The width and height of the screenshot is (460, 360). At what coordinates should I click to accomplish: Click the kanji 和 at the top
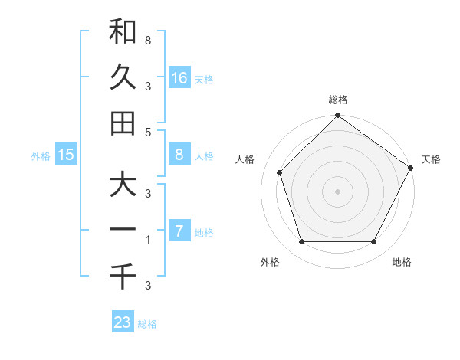coord(123,32)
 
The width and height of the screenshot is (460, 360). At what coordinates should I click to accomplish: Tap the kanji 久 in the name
coord(123,77)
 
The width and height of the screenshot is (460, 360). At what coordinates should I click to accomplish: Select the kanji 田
coord(123,123)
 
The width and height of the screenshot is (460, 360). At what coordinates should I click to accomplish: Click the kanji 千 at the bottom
coord(123,275)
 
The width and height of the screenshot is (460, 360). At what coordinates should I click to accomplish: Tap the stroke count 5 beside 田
coord(147,132)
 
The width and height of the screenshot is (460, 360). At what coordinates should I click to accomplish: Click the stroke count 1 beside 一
coord(147,240)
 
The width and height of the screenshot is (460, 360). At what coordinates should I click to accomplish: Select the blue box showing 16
coord(179,78)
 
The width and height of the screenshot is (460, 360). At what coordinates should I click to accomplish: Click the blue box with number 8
coord(179,155)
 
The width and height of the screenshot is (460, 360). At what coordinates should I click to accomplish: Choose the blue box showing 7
coord(179,231)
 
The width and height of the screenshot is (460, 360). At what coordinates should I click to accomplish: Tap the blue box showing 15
coord(66,155)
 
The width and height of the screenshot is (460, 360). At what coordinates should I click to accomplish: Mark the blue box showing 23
coord(123,322)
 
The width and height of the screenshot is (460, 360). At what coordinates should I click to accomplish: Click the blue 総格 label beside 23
coord(148,324)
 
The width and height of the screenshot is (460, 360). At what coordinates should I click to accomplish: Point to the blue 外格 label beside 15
coord(41,156)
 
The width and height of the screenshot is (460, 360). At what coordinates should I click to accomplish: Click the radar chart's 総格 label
coord(338,100)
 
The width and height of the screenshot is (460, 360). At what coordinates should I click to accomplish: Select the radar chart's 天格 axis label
coord(431,159)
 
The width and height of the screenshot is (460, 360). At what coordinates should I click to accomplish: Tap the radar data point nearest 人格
coord(280,172)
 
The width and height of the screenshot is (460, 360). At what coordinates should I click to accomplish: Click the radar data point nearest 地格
coord(374,242)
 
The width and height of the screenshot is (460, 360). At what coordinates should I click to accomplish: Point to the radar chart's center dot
coord(338,191)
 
